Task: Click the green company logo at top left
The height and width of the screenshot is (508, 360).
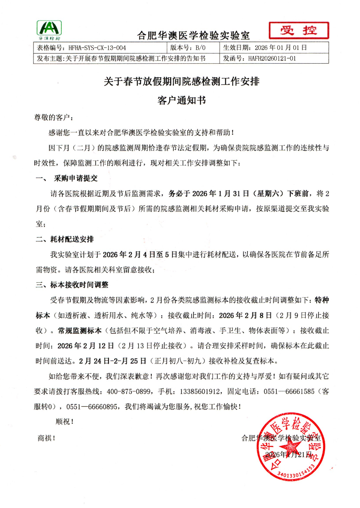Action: click(49, 30)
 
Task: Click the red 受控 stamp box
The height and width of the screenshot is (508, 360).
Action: click(299, 31)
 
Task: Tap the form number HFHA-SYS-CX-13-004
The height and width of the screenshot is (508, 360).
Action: click(97, 48)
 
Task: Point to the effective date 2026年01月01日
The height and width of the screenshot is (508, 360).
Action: click(281, 48)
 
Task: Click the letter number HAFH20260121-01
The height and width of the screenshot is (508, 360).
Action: click(272, 58)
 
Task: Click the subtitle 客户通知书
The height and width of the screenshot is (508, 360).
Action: click(182, 100)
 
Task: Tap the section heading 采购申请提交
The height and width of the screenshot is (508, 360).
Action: click(76, 178)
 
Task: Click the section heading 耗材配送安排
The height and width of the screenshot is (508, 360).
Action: click(72, 239)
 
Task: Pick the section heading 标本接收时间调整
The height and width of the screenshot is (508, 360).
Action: click(79, 285)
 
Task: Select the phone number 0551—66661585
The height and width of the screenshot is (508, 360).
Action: click(289, 392)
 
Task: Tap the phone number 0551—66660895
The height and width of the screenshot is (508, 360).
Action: click(92, 407)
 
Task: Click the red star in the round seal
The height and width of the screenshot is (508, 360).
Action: click(290, 447)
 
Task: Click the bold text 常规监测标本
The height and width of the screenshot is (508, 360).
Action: click(80, 331)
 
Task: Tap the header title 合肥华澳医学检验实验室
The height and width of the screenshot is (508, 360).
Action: click(193, 36)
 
